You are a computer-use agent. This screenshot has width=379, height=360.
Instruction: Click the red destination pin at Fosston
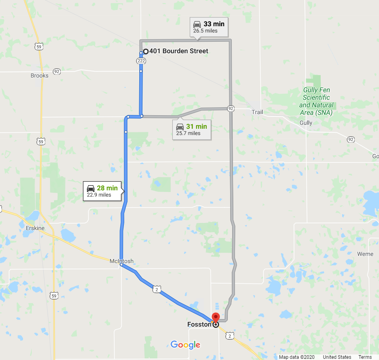[x=215, y=318]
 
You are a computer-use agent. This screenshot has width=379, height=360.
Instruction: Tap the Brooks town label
[x=39, y=75]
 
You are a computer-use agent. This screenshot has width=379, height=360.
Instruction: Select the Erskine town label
[x=35, y=228]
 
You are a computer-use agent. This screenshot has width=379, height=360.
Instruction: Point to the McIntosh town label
[x=121, y=261]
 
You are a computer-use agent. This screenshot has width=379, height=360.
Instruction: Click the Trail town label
[x=257, y=112]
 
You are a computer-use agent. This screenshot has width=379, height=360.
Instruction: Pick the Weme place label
[x=365, y=254]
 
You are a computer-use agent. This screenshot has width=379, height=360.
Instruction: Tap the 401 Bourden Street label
[x=179, y=51]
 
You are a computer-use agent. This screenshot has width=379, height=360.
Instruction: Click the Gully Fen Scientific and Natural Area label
[x=316, y=101]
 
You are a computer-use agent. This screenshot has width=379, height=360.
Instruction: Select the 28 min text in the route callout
[x=107, y=188]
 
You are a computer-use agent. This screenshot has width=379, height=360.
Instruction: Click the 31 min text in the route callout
[x=196, y=126]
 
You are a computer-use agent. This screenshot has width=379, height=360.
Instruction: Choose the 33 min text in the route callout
[x=214, y=24]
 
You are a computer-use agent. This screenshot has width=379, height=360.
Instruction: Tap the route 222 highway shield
[x=141, y=61]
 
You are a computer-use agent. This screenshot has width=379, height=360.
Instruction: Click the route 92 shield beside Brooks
[x=57, y=72]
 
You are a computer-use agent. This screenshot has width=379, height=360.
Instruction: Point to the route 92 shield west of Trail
[x=231, y=108]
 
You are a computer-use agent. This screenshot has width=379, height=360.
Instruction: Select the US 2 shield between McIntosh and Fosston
[x=157, y=290]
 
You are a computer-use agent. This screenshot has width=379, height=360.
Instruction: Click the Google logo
[x=185, y=345]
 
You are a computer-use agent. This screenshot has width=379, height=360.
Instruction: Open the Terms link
[x=365, y=357]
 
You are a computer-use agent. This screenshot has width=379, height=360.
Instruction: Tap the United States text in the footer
[x=337, y=357]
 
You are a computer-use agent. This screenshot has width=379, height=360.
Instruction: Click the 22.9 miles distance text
[x=99, y=195]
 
